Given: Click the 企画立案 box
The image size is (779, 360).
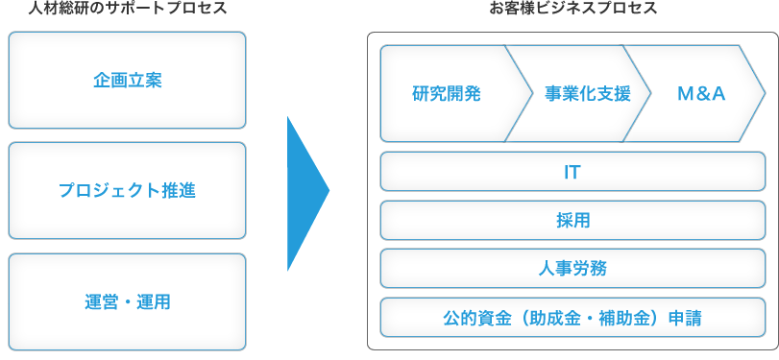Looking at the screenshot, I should tap(127, 80).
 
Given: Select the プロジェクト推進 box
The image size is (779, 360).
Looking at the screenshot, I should tap(127, 190).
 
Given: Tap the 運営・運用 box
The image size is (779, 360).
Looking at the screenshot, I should tap(127, 301).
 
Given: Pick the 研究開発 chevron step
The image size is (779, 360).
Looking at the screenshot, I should tap(447, 94).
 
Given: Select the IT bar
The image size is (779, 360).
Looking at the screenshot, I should tap(572, 173).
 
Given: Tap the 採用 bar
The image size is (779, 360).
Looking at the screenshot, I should tap(572, 221).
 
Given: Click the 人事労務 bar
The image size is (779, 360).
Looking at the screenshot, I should tap(572, 269).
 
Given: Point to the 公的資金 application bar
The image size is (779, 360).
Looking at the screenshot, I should tap(572, 318).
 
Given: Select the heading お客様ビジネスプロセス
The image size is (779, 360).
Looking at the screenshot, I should tap(572, 10).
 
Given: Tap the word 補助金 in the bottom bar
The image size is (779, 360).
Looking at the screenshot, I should tap(621, 318).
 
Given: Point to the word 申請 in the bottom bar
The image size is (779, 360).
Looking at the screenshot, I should tap(686, 318).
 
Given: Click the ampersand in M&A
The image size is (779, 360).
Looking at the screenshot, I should tap(701, 94).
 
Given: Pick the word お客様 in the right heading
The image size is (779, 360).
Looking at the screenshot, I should tap(511, 10).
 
